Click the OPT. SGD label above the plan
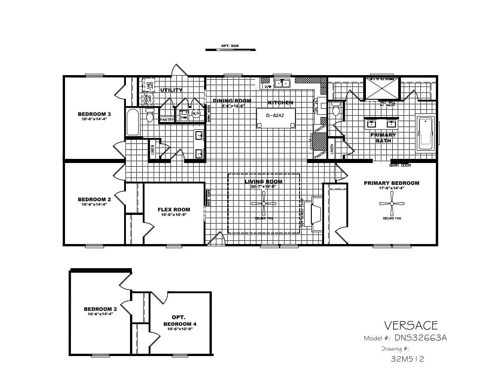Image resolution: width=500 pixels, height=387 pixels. point(230,46)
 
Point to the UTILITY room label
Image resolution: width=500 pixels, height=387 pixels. point(171,90)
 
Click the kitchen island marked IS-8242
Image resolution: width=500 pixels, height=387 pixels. point(275,116)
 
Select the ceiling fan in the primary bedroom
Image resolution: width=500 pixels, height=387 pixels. point(391,204)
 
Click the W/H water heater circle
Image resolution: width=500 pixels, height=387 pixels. point(196,113)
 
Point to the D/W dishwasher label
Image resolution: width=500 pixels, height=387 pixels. point(268,86)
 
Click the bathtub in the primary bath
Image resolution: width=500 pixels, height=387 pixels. point(426,132)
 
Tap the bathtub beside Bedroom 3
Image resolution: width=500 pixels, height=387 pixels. point(132,122)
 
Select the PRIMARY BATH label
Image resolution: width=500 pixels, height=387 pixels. point(383,137)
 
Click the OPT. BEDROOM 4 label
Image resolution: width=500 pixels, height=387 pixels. point(180,321)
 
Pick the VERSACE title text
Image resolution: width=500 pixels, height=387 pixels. point(410,325)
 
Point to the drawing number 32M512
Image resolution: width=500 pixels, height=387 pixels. point(407,359)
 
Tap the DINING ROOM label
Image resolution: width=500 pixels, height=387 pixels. point(232,101)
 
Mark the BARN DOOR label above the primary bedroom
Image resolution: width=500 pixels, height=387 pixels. point(400,165)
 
